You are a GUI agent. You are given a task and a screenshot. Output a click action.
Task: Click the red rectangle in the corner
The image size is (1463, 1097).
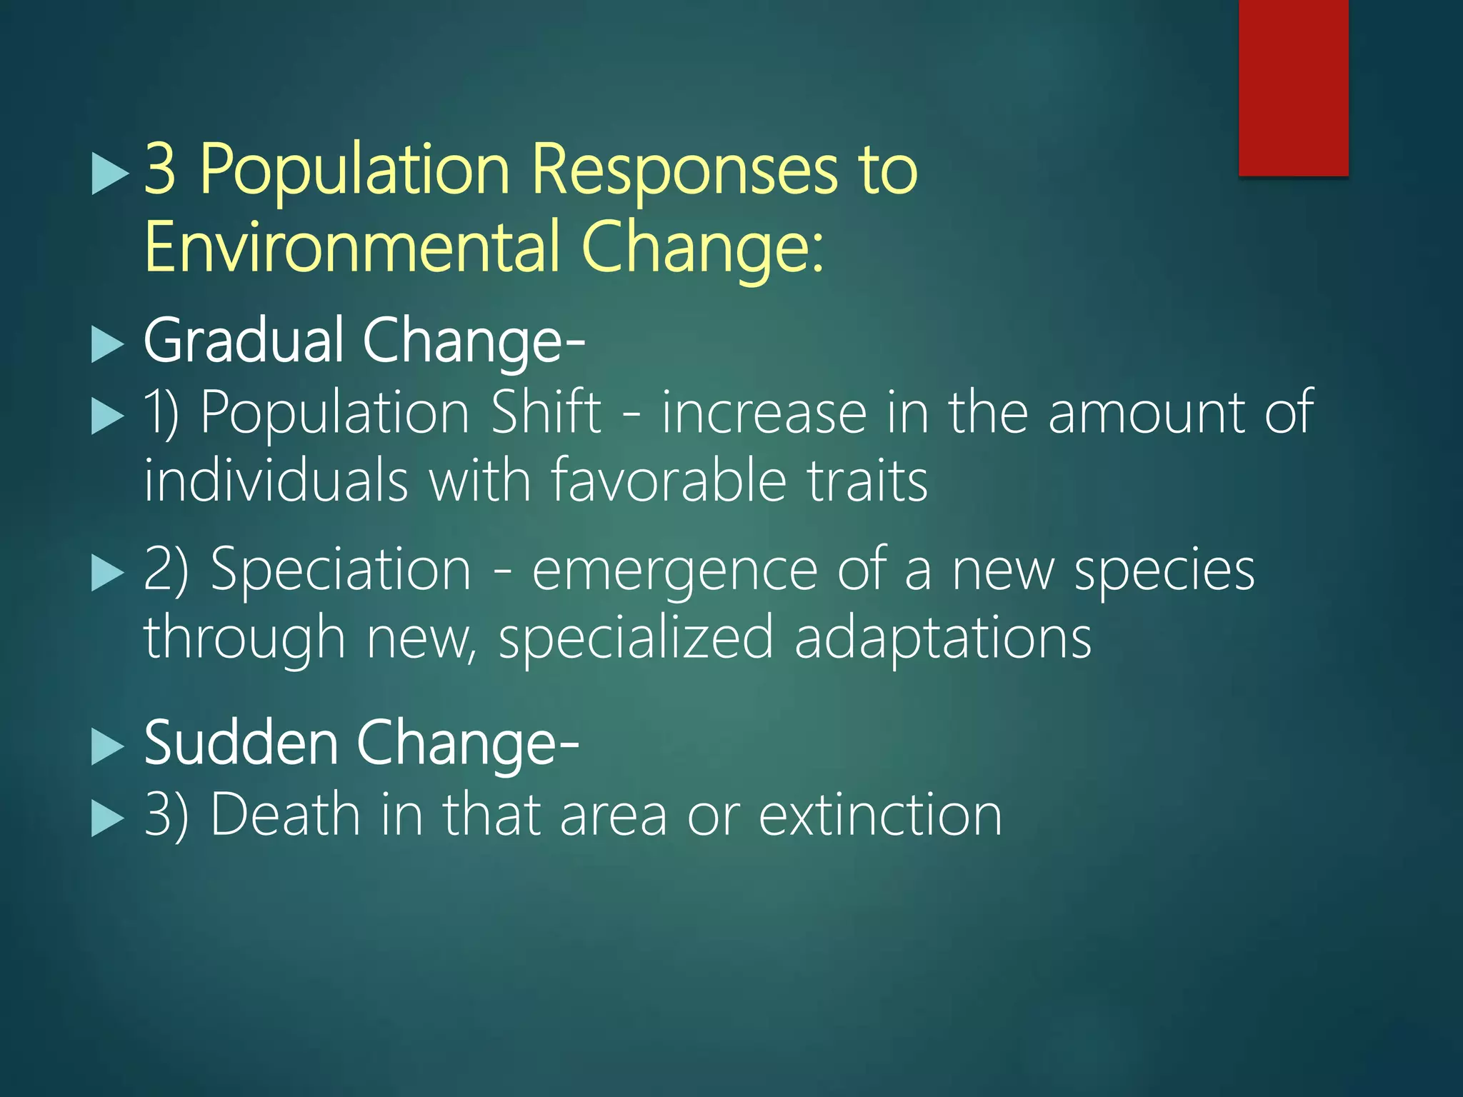(1293, 87)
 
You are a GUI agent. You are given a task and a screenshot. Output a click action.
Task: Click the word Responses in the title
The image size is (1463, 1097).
(684, 169)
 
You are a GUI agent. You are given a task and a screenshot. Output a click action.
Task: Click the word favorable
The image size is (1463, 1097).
(669, 480)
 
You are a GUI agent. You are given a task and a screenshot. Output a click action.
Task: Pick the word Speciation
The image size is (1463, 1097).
(341, 569)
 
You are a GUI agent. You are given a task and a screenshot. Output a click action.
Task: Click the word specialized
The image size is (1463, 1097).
(636, 637)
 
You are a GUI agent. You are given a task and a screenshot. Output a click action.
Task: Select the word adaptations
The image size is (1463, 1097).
(943, 637)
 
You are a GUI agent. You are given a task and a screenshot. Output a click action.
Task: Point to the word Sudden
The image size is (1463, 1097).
(241, 743)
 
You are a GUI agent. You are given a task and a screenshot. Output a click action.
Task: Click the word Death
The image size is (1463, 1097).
(285, 814)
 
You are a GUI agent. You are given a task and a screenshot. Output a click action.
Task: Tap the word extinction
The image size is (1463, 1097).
(880, 814)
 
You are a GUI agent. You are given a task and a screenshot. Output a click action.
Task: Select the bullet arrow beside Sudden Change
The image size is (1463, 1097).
(108, 748)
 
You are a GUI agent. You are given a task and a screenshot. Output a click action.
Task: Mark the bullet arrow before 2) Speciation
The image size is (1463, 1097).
(108, 573)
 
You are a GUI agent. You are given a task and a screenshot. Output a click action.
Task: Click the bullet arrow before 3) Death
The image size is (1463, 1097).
(108, 818)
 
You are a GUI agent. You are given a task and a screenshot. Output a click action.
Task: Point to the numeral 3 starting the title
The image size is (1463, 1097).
(160, 169)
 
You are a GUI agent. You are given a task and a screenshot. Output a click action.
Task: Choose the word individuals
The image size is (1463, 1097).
(276, 480)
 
